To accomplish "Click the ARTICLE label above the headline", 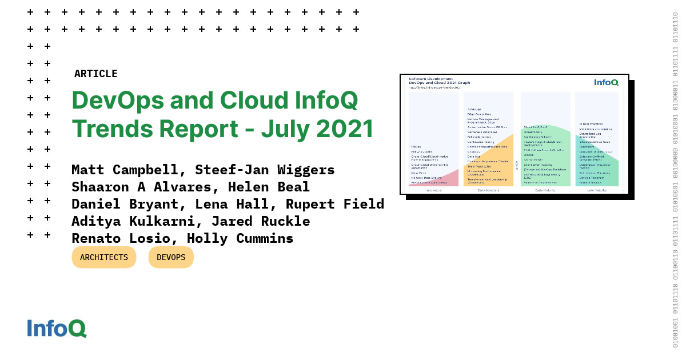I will pyautogui.click(x=95, y=74).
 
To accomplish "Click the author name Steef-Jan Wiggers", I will pyautogui.click(x=265, y=170).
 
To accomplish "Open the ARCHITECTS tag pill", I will pyautogui.click(x=104, y=257).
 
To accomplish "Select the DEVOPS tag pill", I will pyautogui.click(x=171, y=257).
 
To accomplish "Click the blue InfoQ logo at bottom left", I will pyautogui.click(x=57, y=329).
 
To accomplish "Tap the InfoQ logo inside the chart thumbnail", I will pyautogui.click(x=606, y=82).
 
